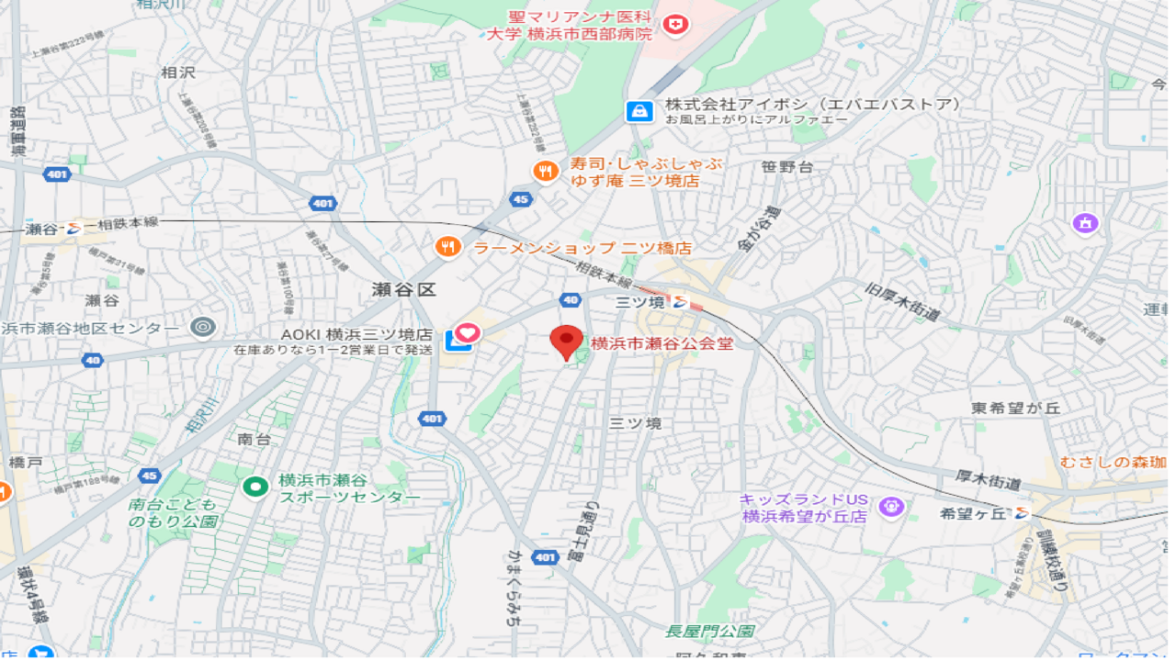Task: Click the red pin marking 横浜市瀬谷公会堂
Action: (x=566, y=342)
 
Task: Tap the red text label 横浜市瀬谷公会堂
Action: (x=661, y=344)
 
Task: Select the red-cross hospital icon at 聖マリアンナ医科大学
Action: (x=676, y=24)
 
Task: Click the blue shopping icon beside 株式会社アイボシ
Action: (x=639, y=112)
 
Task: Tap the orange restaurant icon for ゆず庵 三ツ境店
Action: (x=546, y=171)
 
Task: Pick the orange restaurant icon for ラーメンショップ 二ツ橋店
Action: (x=447, y=247)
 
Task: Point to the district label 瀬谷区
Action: (x=404, y=290)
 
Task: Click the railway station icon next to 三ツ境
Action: (x=681, y=301)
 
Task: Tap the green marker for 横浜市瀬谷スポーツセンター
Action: (x=255, y=487)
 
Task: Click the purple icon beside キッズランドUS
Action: (x=889, y=506)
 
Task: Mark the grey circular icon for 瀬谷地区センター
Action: (x=202, y=327)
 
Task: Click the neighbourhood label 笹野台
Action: (x=787, y=167)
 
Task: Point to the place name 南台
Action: (x=254, y=440)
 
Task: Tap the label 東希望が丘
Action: (x=1015, y=408)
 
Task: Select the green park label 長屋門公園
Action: (x=710, y=632)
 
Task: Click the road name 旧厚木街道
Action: (x=903, y=301)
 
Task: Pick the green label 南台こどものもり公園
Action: (x=173, y=513)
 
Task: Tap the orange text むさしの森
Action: (x=1113, y=462)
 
